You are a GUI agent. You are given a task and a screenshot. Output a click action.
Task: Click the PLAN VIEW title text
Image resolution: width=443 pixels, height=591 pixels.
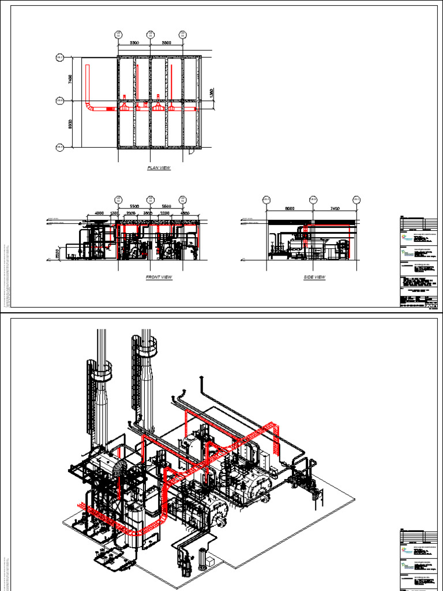click(x=159, y=168)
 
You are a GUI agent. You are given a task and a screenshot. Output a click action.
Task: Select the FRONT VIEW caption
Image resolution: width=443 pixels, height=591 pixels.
click(x=159, y=278)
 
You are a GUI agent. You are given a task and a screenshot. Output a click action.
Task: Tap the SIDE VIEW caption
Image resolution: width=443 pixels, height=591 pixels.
click(x=314, y=278)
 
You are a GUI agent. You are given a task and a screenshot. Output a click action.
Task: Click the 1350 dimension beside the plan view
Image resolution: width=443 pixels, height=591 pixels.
click(x=211, y=93)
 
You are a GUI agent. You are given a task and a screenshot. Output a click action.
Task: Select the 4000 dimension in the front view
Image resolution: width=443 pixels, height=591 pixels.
click(x=99, y=214)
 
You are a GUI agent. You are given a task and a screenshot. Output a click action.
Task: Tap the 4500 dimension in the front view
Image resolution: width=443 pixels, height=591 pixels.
click(x=185, y=214)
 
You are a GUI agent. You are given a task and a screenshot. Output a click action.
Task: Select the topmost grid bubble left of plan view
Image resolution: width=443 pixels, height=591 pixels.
click(x=59, y=58)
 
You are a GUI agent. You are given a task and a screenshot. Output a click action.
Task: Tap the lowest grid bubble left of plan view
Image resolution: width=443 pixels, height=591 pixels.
click(x=59, y=148)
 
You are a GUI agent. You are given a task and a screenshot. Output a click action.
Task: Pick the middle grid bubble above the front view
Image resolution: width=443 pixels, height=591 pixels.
click(x=151, y=200)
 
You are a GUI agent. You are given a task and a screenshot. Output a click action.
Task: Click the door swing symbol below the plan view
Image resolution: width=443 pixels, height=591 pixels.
click(x=192, y=153)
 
